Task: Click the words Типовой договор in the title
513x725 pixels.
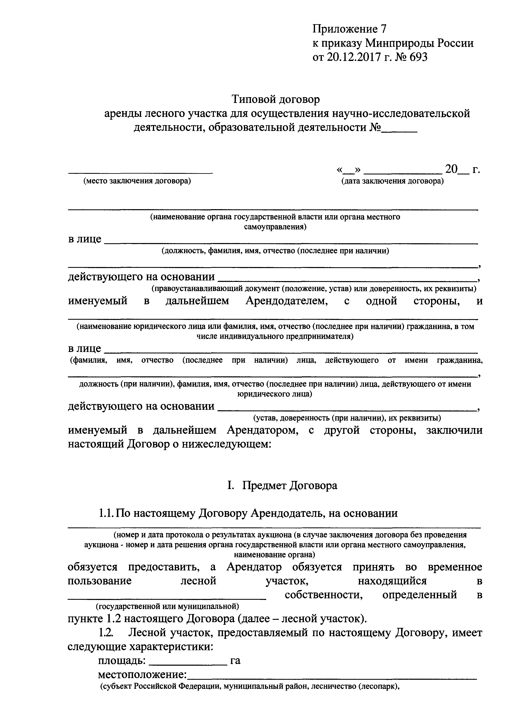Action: click(x=276, y=99)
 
